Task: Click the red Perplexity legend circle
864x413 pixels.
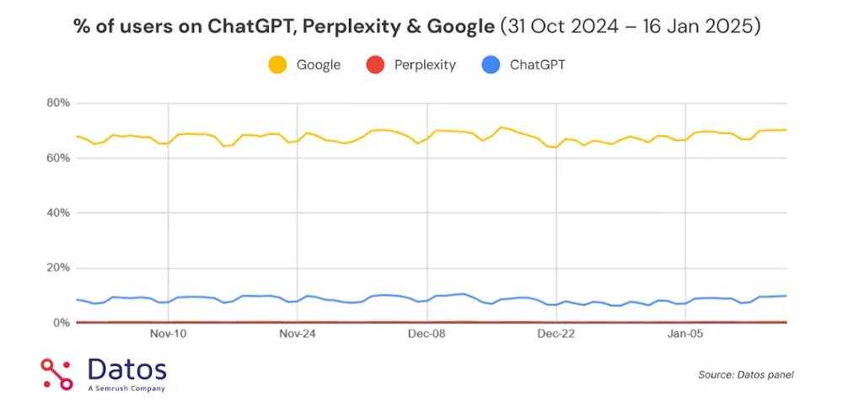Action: (376, 64)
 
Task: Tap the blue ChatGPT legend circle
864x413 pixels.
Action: (491, 64)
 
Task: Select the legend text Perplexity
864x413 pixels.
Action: (425, 65)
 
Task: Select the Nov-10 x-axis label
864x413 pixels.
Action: (168, 334)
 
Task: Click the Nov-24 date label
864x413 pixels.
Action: (298, 334)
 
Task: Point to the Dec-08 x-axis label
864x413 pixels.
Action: (427, 334)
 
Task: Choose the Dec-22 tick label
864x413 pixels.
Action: (556, 334)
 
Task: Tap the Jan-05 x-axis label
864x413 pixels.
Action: (686, 334)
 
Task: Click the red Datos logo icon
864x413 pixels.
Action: (57, 374)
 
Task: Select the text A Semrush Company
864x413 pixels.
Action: (126, 389)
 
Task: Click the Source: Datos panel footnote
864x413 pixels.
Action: (746, 375)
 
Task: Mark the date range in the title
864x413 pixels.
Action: (631, 27)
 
